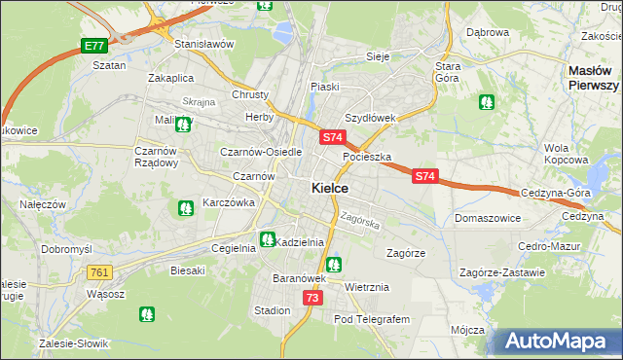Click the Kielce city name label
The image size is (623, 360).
331,188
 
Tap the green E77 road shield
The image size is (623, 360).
93,46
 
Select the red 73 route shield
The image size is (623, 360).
312,298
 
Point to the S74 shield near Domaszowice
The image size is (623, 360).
424,176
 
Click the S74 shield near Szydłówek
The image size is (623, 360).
332,138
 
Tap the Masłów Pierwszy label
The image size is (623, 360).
594,78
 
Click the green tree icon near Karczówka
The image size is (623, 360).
185,207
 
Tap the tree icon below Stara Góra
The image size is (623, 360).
486,101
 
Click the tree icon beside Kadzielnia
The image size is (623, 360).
267,239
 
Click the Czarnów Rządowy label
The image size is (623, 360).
156,157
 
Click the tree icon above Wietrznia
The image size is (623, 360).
334,264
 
